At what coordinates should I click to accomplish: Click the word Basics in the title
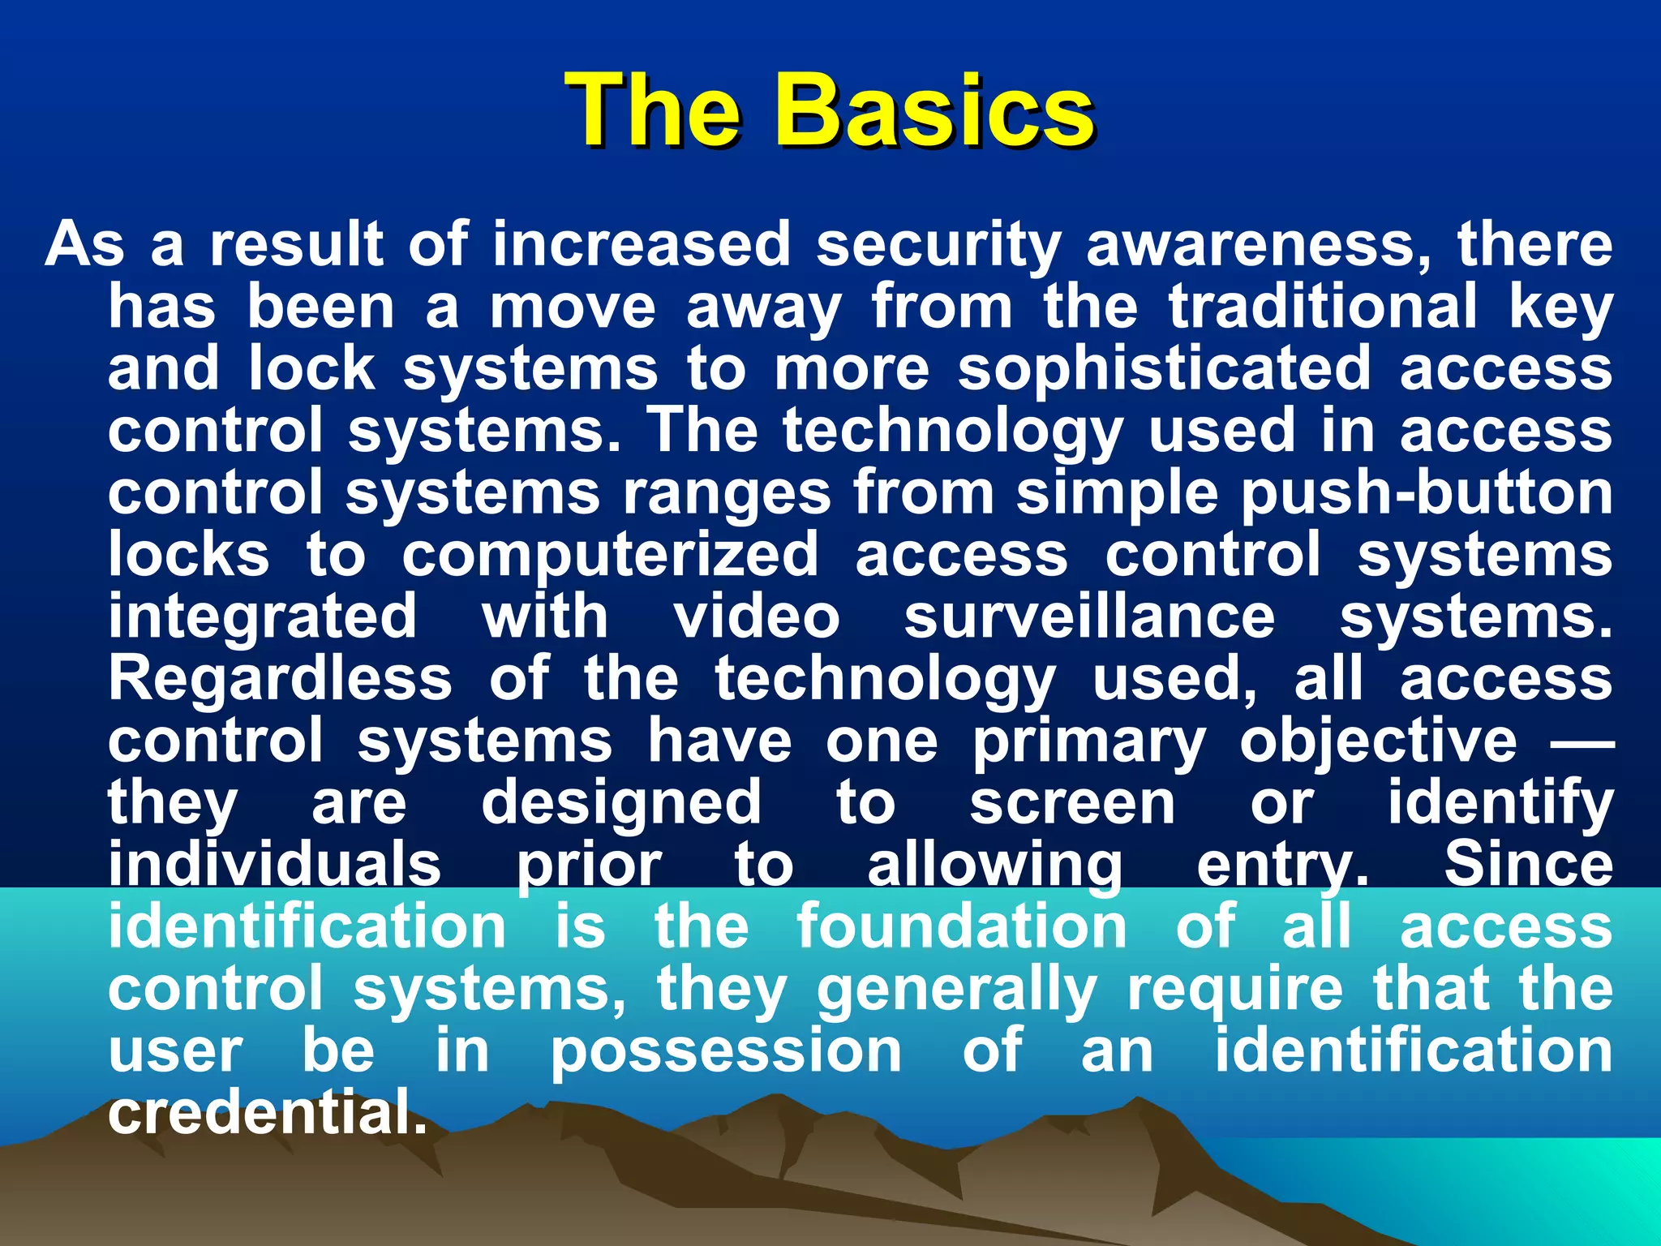tap(933, 111)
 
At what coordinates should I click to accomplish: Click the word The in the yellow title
tap(654, 111)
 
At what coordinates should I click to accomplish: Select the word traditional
tap(1323, 307)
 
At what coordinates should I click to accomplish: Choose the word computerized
tap(610, 556)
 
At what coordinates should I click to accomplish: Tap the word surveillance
tap(1089, 617)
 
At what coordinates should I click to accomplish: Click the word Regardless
tap(280, 679)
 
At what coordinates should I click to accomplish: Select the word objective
tap(1378, 742)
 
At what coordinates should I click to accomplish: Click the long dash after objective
tap(1582, 741)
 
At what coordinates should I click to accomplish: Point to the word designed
tap(621, 803)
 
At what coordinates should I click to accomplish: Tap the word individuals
tap(275, 865)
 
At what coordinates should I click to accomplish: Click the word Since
tap(1528, 865)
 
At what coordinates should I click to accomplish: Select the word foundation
tap(961, 926)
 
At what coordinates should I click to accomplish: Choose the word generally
tap(956, 990)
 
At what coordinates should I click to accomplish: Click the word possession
tap(726, 1052)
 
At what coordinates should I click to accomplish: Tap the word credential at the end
tap(267, 1114)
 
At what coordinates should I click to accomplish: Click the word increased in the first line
tap(641, 244)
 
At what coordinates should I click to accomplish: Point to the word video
tap(757, 617)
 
